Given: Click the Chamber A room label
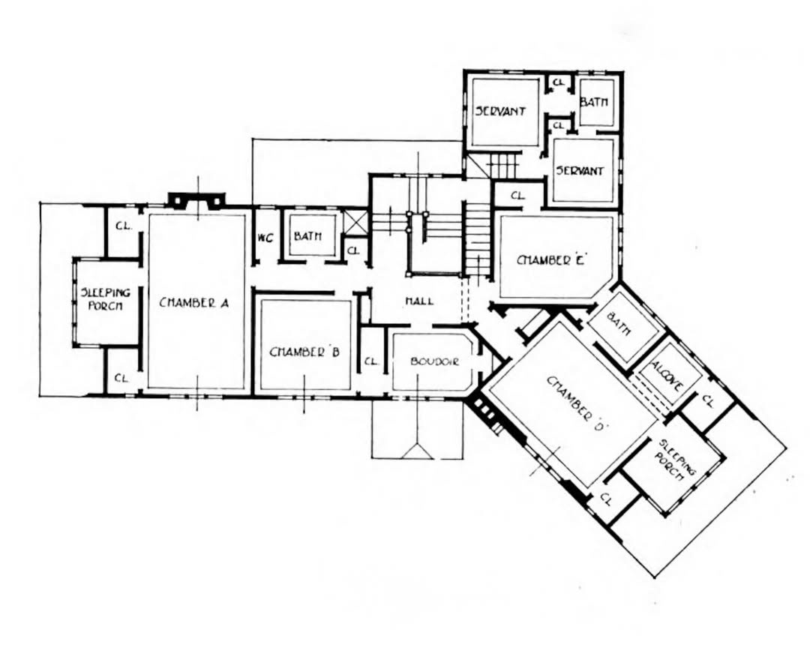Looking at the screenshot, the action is coord(193,303).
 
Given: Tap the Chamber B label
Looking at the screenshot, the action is coord(304,352).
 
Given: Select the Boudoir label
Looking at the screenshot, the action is coord(434,361).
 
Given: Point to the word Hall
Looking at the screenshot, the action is coord(419,301).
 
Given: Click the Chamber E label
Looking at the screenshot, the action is coord(550,260).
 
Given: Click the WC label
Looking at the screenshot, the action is coord(265,238).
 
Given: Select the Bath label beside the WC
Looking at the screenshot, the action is coord(307,236).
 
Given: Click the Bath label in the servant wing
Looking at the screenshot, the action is coord(593,102).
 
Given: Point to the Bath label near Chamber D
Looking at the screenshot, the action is coord(621,323).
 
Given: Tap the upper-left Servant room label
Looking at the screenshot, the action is coord(500,111).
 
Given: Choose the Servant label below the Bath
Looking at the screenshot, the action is coord(580,170).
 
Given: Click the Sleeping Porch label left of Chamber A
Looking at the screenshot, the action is coord(106,298).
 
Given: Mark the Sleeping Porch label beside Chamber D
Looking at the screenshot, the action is coord(676,460).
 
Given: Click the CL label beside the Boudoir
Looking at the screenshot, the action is coord(371,361).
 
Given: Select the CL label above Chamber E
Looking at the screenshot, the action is coord(517,196).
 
